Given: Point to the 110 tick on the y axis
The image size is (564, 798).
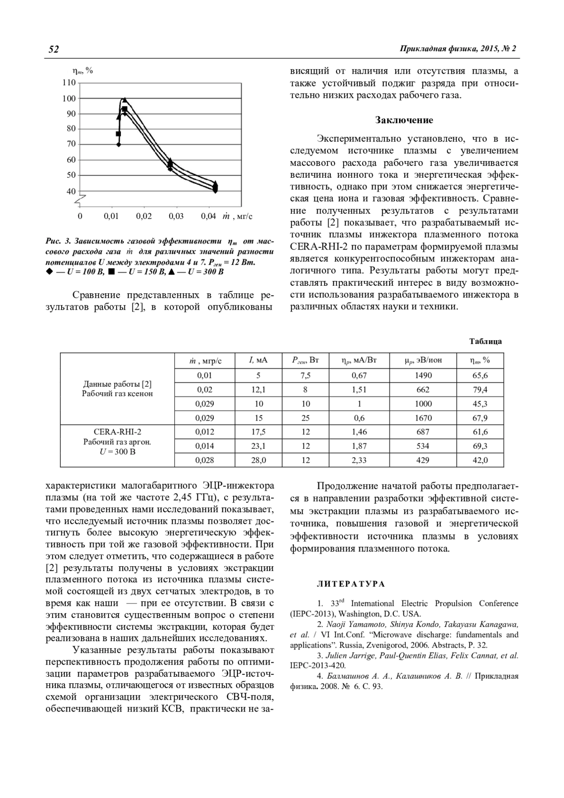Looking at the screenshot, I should pyautogui.click(x=69, y=83).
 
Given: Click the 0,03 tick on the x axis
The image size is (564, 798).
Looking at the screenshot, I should pyautogui.click(x=176, y=216).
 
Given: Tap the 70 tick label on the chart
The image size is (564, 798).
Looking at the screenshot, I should pyautogui.click(x=71, y=144).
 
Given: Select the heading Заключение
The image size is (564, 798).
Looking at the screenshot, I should pyautogui.click(x=404, y=120).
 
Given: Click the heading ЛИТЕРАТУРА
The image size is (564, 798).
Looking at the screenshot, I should pyautogui.click(x=351, y=584).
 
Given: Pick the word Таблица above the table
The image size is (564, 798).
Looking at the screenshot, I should pyautogui.click(x=486, y=341).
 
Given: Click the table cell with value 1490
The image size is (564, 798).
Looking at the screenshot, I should pyautogui.click(x=423, y=376).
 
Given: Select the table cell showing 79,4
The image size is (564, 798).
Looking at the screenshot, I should pyautogui.click(x=480, y=390).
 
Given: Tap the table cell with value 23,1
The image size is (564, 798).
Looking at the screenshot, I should pyautogui.click(x=258, y=446).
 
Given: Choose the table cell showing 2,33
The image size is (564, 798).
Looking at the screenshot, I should pyautogui.click(x=359, y=460).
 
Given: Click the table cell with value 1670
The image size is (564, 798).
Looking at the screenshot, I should pyautogui.click(x=423, y=418).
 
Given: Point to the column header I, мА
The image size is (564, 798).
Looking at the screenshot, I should pyautogui.click(x=258, y=360).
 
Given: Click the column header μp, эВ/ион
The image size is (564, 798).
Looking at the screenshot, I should pyautogui.click(x=423, y=360).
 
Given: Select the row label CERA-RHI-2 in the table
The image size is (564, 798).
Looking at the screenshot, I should pyautogui.click(x=117, y=431).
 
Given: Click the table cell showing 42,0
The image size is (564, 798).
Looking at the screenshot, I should pyautogui.click(x=480, y=460).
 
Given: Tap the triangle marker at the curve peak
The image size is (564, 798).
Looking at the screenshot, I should pyautogui.click(x=125, y=100).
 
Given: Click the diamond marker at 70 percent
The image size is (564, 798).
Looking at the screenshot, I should pyautogui.click(x=118, y=144).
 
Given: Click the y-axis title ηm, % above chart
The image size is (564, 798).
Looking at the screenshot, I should pyautogui.click(x=82, y=70).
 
